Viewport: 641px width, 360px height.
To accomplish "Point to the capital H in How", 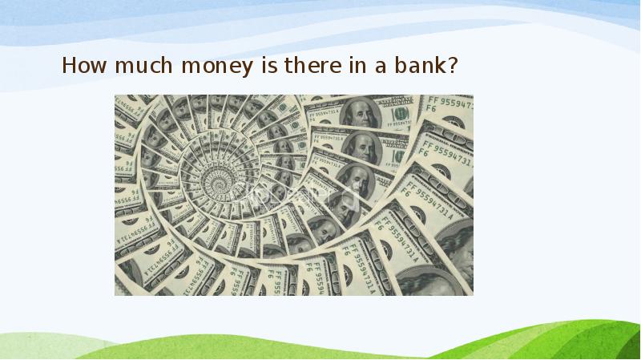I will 69,66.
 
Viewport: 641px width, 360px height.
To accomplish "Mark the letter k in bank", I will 439,66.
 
